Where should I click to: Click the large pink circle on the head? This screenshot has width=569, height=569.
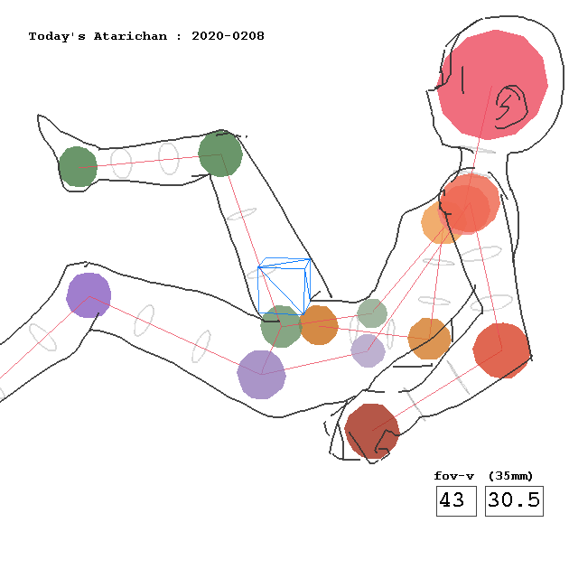[x=492, y=85]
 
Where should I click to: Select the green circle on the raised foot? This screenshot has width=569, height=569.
[x=78, y=166]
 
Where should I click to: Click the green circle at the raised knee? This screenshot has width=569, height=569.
[x=220, y=154]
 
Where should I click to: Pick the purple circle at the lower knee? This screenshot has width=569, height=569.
[x=89, y=295]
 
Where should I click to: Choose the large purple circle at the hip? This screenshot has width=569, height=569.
[x=261, y=375]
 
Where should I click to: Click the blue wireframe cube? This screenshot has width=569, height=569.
[x=284, y=286]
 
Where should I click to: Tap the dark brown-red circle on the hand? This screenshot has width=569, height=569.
[x=371, y=432]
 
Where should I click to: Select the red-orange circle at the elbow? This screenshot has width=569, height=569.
[x=501, y=350]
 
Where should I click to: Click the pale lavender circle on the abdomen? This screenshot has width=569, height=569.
[x=368, y=351]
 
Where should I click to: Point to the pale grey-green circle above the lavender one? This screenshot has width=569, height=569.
[x=372, y=313]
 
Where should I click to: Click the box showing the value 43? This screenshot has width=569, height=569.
[x=456, y=500]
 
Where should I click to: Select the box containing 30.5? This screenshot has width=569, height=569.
[x=514, y=500]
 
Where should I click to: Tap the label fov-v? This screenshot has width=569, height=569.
[x=454, y=476]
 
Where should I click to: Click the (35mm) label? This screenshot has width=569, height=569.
[x=510, y=476]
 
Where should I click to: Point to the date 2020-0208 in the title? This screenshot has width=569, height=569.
[x=228, y=36]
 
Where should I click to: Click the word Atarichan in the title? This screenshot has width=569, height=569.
[x=130, y=36]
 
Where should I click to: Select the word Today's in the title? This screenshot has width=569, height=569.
[x=57, y=36]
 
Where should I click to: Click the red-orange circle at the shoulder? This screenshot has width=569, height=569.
[x=470, y=203]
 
